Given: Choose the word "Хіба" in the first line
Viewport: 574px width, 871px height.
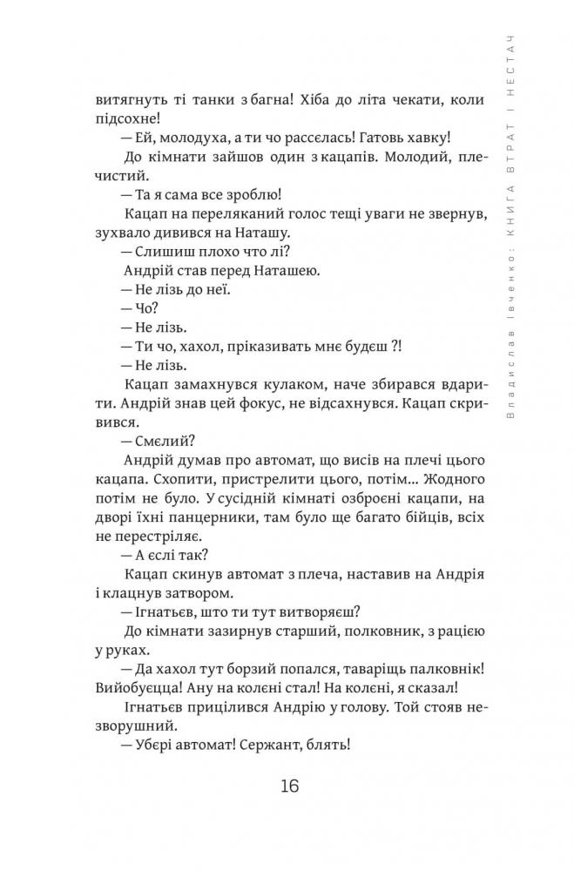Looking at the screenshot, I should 314,99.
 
